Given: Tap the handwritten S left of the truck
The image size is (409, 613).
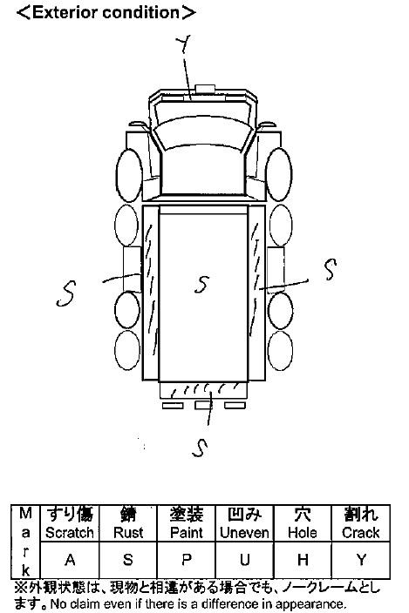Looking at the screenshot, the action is (x=65, y=293).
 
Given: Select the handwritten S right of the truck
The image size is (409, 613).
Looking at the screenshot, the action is (x=331, y=269).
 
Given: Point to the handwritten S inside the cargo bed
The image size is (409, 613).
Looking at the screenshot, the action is (x=202, y=284).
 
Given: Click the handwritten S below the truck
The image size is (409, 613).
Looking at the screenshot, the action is (x=200, y=448).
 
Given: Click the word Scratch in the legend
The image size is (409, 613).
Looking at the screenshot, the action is (x=70, y=533).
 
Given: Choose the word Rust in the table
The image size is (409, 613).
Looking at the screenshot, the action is (x=128, y=533).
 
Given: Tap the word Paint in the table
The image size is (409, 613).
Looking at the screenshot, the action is (x=187, y=533).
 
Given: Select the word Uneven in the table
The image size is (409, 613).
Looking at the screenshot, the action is (x=244, y=533).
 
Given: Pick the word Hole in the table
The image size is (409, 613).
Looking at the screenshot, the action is (x=302, y=533).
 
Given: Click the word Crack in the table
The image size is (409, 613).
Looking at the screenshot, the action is (x=360, y=533).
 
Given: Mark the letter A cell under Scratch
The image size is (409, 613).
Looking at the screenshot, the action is (x=70, y=560).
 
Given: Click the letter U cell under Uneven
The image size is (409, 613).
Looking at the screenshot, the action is (x=245, y=560).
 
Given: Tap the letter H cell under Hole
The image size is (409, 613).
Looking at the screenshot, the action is (x=303, y=560).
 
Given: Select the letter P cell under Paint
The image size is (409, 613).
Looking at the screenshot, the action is (x=187, y=560).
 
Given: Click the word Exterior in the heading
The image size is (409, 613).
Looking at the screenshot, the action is (x=65, y=12).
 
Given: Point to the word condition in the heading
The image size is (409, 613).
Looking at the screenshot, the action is (x=141, y=12).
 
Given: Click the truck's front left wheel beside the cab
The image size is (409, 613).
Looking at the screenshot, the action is (x=128, y=176).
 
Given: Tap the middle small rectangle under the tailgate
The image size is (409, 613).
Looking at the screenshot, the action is (x=204, y=406).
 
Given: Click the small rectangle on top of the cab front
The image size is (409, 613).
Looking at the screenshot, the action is (x=205, y=89).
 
